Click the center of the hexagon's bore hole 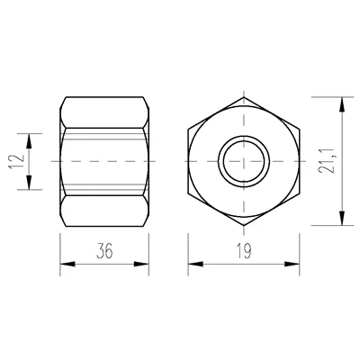click(x=243, y=160)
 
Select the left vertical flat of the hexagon click(x=188, y=160)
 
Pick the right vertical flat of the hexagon click(x=298, y=160)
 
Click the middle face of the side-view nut click(x=104, y=160)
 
